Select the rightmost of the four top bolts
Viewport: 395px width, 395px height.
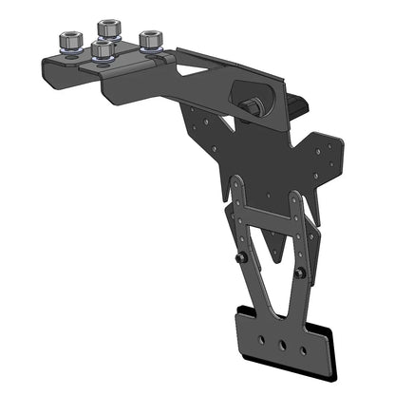click(x=149, y=40)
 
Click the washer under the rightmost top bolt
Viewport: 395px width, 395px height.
click(x=150, y=49)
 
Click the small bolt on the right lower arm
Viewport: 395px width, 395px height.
click(x=301, y=273)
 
